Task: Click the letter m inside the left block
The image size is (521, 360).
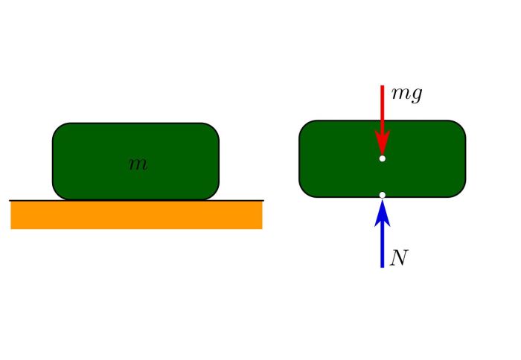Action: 138,164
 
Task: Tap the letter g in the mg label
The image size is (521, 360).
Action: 416,97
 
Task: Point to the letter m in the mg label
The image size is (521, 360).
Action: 400,95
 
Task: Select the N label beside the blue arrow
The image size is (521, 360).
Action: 400,258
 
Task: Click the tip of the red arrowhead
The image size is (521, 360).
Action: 382,154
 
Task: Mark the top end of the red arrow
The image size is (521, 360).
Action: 382,86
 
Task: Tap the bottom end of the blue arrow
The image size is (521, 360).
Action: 382,266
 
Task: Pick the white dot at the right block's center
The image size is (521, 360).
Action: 382,158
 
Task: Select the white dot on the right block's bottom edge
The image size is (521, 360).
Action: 382,195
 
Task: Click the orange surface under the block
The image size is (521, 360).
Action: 136,215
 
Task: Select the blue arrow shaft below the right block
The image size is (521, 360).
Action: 382,245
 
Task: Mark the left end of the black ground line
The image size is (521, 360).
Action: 10,200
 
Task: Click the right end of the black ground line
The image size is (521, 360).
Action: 263,200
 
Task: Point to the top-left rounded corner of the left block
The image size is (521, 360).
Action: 57,128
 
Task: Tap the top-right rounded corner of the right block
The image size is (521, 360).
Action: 460,126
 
